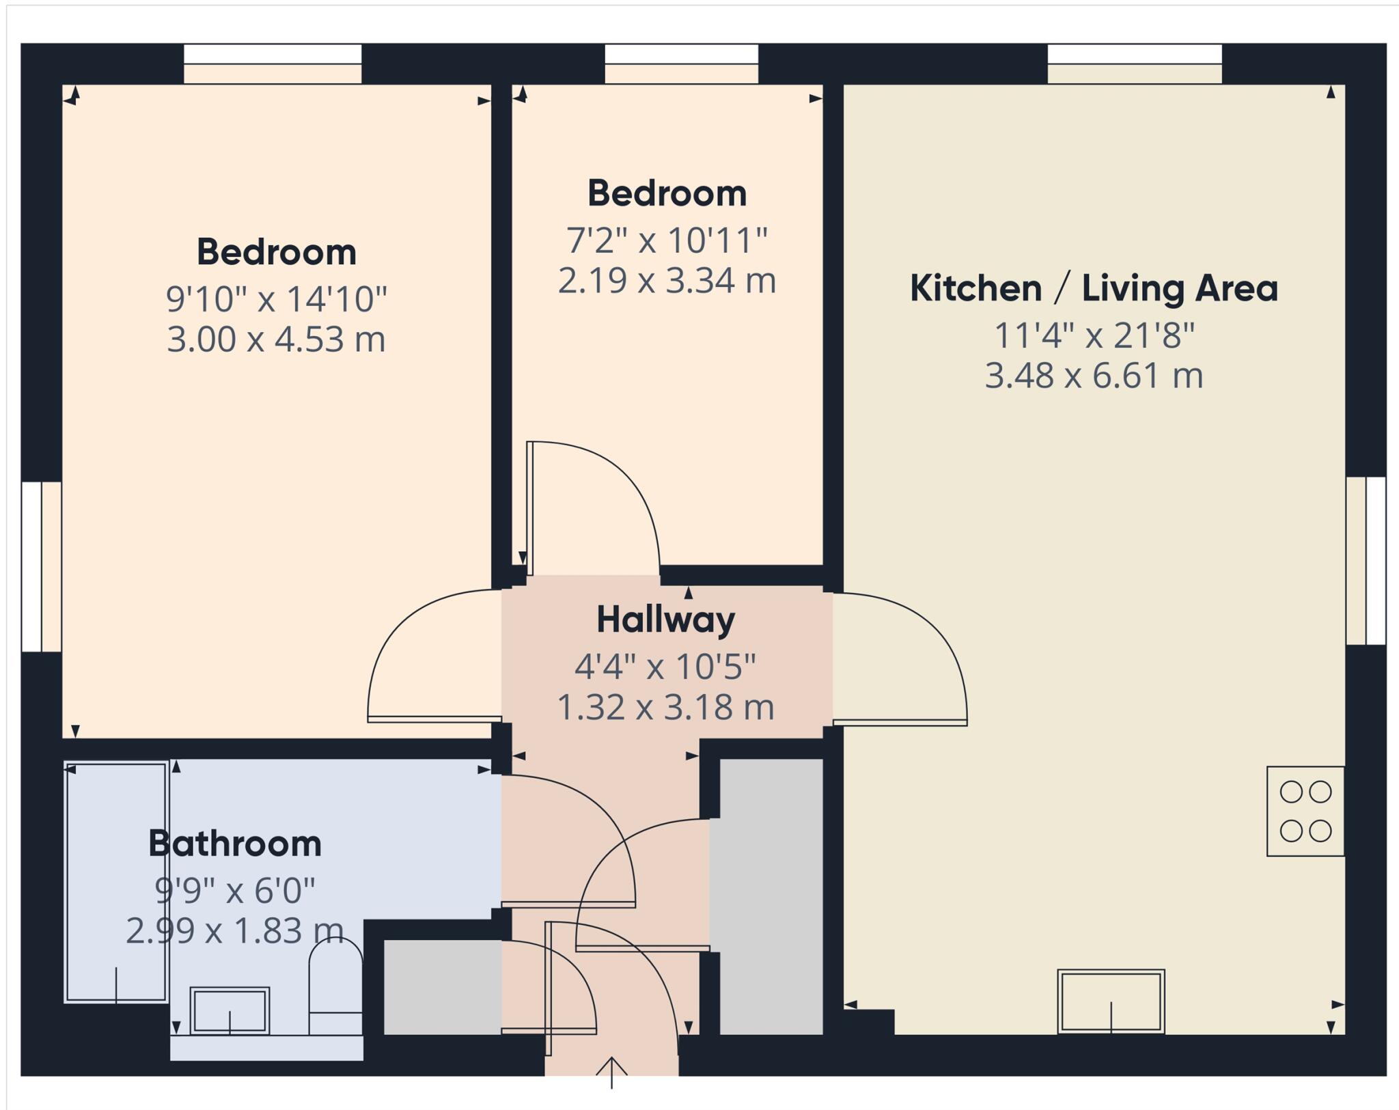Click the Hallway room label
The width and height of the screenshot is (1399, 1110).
[x=665, y=620]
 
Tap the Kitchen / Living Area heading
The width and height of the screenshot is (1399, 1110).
[x=1093, y=288]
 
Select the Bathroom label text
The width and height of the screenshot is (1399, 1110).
[x=235, y=844]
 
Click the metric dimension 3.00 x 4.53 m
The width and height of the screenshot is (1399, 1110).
[x=276, y=339]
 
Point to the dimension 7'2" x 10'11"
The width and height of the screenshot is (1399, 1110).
[x=667, y=240]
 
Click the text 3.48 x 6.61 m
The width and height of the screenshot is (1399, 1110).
[x=1093, y=376]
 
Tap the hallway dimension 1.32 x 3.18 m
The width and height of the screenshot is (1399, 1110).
[x=665, y=707]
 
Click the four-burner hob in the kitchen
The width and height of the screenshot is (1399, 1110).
[x=1305, y=811]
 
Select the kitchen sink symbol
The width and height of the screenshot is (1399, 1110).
[x=1111, y=1001]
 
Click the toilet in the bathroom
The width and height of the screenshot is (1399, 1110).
[x=335, y=986]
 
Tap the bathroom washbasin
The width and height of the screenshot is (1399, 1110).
[x=230, y=1010]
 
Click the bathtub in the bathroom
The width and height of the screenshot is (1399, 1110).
[x=117, y=882]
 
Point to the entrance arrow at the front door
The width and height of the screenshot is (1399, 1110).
[x=611, y=1072]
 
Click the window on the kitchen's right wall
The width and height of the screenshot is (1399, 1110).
[x=1366, y=561]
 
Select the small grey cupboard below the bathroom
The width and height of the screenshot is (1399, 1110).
[x=442, y=986]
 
